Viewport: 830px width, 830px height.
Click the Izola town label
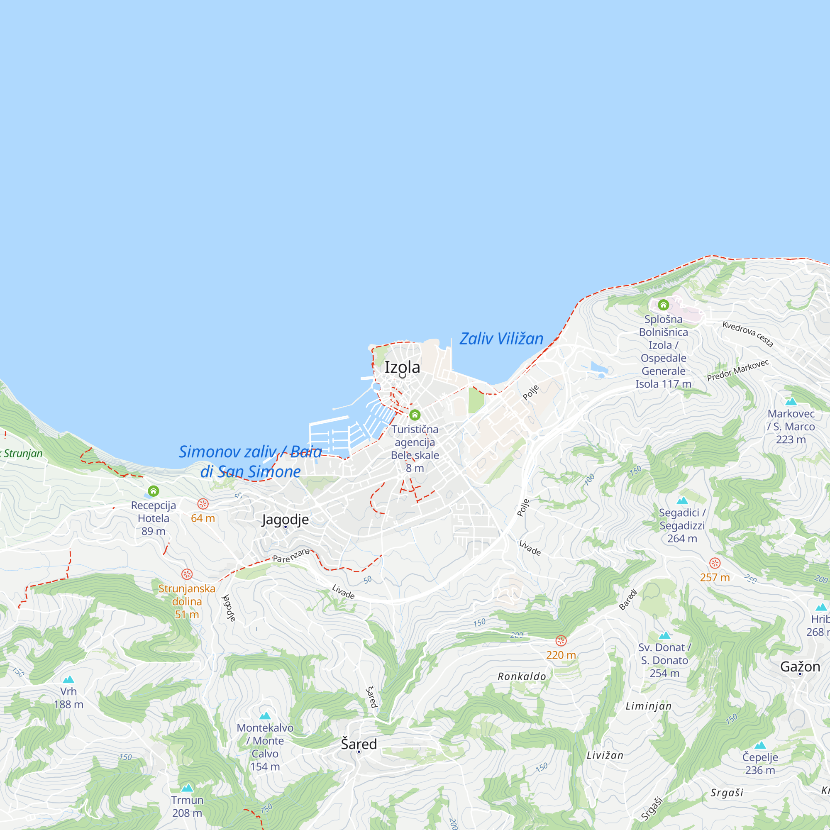(402, 367)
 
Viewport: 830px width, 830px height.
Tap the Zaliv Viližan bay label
(501, 339)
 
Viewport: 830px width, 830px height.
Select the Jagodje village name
(285, 520)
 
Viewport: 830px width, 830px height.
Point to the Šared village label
(359, 744)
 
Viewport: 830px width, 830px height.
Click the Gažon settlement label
(800, 666)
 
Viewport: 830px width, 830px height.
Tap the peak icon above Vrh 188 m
(69, 679)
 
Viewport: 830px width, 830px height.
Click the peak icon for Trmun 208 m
(187, 788)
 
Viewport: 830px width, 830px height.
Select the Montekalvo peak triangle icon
(265, 715)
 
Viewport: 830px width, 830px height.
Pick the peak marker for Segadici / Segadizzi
(682, 500)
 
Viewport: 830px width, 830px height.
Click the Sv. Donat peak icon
(664, 635)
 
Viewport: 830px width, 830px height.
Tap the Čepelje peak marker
(760, 745)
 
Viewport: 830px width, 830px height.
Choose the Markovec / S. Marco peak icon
(791, 402)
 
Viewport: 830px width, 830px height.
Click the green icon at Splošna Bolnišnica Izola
(663, 305)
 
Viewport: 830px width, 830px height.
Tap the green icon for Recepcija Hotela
(154, 491)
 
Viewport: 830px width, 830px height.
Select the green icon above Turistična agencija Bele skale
(415, 415)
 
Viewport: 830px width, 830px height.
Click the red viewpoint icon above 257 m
(715, 563)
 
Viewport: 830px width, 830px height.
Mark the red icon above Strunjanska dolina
(187, 574)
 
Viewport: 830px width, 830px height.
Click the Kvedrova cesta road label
(747, 334)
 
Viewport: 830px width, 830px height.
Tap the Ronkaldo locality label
(522, 676)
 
